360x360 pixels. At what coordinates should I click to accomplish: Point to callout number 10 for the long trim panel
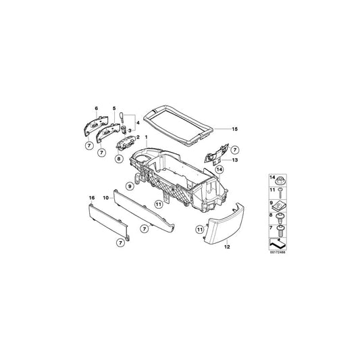[105, 197]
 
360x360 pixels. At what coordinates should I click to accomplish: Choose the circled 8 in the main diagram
[119, 160]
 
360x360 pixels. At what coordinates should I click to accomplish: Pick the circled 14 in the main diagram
[220, 170]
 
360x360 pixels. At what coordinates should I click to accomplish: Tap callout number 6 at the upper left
[97, 109]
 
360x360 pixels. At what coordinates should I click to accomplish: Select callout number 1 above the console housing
[145, 138]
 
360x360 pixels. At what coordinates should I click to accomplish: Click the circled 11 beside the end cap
[200, 230]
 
